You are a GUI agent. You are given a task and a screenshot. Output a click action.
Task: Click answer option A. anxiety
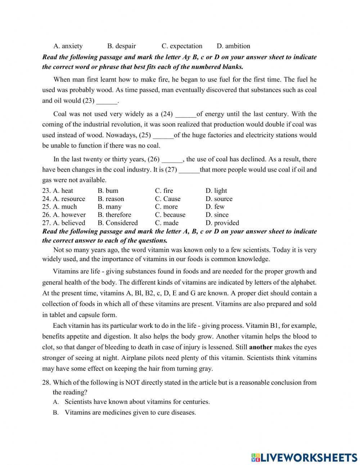tap(68, 46)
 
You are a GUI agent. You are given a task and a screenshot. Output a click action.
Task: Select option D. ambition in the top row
tap(233, 46)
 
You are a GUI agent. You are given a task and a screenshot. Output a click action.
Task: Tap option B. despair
tap(121, 46)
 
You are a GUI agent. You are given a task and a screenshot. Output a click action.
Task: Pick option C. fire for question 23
tap(164, 191)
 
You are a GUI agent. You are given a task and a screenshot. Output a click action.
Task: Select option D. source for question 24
tap(219, 198)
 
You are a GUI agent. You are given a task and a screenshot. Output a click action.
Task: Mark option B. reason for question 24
tap(111, 198)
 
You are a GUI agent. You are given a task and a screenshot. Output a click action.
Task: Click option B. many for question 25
tap(109, 206)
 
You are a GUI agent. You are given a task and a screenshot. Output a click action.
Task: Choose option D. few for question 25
tap(215, 206)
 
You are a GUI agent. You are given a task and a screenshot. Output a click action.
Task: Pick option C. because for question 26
tap(170, 215)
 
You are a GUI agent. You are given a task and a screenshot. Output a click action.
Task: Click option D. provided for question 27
tap(222, 223)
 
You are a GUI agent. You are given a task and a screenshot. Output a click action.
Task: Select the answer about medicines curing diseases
tap(130, 412)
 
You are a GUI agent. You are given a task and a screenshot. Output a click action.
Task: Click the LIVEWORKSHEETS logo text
tap(309, 457)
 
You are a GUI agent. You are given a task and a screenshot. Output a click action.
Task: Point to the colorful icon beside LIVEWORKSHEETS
tap(256, 457)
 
